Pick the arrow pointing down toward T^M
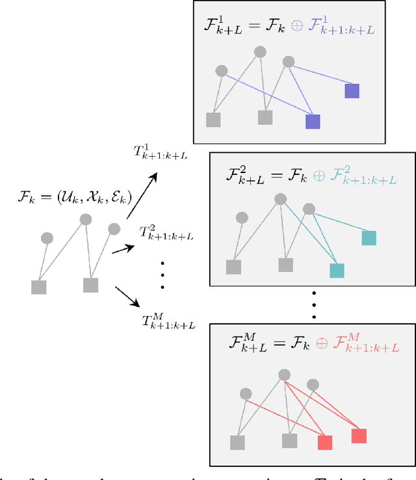coord(127,296)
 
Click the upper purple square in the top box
coord(352,91)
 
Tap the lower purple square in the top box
coord(313,122)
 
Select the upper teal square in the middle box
coord(369,238)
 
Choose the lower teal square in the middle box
coord(337,271)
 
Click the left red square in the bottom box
coord(324,443)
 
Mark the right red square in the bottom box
coord(359,436)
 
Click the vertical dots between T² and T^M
coord(162,275)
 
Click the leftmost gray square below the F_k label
coord(39,286)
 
